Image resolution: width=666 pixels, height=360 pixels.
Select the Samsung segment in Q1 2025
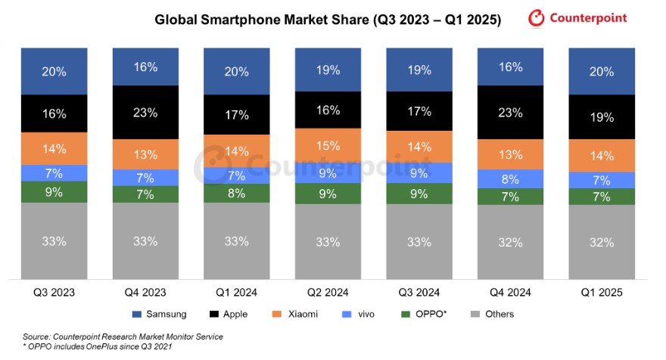(602, 71)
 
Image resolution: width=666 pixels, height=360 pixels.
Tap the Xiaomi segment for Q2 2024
(327, 146)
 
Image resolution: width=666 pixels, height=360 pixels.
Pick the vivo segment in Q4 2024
(510, 179)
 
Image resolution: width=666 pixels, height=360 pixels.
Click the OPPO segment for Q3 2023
(53, 191)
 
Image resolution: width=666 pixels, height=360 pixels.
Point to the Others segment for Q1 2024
(235, 241)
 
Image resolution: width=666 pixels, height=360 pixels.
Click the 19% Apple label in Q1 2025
(602, 117)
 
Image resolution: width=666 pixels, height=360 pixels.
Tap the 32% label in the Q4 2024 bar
(510, 243)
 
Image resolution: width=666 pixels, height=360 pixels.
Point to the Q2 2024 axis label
(327, 292)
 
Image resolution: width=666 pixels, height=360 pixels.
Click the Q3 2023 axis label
(53, 292)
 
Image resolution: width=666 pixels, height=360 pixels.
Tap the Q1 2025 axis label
(602, 292)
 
